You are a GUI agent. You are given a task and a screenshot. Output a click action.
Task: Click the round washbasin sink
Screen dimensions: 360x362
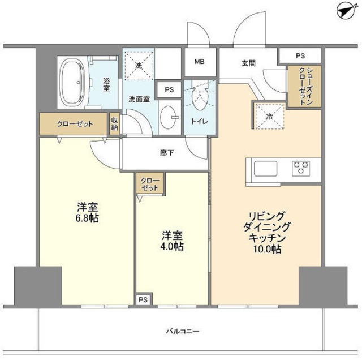coord(168,118)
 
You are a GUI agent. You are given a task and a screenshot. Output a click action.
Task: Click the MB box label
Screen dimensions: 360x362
coord(200,62)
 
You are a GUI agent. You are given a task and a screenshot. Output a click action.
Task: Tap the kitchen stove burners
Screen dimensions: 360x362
coord(300,168)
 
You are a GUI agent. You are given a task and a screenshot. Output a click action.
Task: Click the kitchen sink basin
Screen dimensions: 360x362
coord(264,168)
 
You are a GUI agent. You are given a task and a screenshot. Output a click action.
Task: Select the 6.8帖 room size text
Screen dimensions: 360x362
coord(88,218)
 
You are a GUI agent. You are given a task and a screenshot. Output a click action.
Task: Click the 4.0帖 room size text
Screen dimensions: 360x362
coord(173,247)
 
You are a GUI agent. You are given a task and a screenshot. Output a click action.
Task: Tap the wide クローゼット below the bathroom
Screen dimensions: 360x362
coord(74,124)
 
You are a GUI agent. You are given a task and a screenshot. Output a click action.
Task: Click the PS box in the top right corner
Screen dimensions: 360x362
coord(300,55)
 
